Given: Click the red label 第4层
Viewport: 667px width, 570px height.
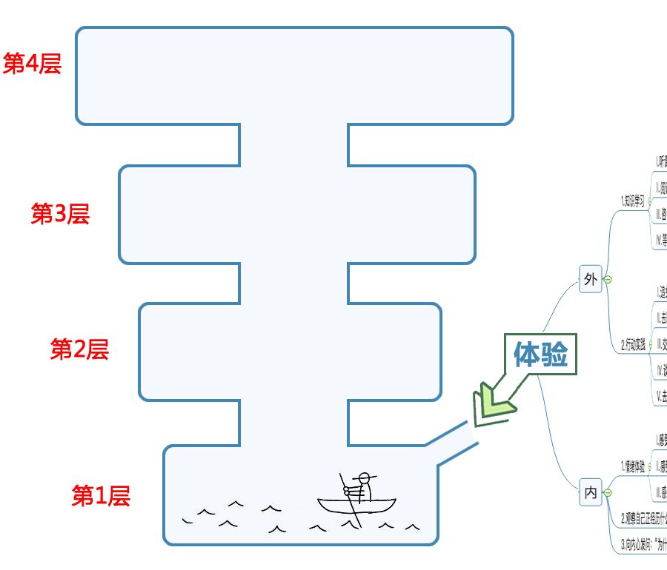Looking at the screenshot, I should tap(32, 64).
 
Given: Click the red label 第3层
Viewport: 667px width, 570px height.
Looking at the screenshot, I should tap(59, 214).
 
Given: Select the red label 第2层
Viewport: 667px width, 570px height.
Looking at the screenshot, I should tap(79, 349).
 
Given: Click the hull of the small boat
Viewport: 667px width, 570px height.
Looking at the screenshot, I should tap(357, 508).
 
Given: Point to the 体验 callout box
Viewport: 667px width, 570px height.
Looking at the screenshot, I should tap(540, 356).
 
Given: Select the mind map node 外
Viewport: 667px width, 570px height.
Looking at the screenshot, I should tap(591, 279).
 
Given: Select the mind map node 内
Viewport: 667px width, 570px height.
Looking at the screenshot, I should tap(591, 492).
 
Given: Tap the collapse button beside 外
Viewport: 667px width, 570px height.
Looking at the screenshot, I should tap(608, 279).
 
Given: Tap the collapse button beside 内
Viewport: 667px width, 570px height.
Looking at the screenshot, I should tap(608, 492).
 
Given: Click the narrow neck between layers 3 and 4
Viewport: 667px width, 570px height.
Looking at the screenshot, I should tap(294, 145).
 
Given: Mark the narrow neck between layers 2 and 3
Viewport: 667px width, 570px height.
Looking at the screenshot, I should tap(294, 284).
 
